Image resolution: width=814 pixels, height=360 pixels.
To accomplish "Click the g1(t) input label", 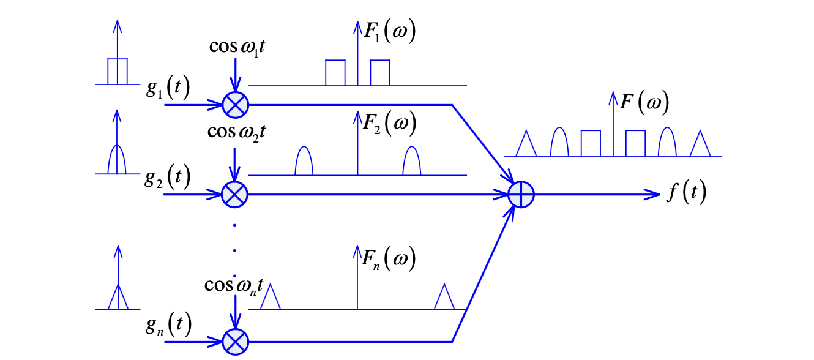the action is coord(168,88).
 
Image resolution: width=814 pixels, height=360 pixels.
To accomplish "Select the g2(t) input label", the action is coord(167,177).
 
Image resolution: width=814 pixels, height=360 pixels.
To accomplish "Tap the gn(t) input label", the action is coord(168,324).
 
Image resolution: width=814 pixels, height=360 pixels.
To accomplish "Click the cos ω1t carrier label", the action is coord(237,47).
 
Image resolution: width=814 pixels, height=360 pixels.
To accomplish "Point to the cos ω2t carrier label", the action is coord(236,132).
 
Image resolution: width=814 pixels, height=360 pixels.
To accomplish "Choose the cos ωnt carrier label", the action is coord(234,286).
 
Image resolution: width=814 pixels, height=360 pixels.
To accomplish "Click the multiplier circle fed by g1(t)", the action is coord(236,105).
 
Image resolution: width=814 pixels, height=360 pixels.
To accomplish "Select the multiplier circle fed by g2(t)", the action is coord(235,195).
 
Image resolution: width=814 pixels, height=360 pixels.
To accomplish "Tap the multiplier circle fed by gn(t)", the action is coord(236,342).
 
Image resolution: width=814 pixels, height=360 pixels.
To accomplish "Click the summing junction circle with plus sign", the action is coord(521,195).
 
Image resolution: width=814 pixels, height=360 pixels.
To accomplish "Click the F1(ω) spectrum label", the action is coord(389,31).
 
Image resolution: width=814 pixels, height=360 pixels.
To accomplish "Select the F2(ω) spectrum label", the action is coord(389,123).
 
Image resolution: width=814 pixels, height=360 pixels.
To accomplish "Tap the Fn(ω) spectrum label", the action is coord(389,259).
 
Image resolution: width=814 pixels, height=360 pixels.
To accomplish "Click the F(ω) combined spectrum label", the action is coord(644,102).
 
